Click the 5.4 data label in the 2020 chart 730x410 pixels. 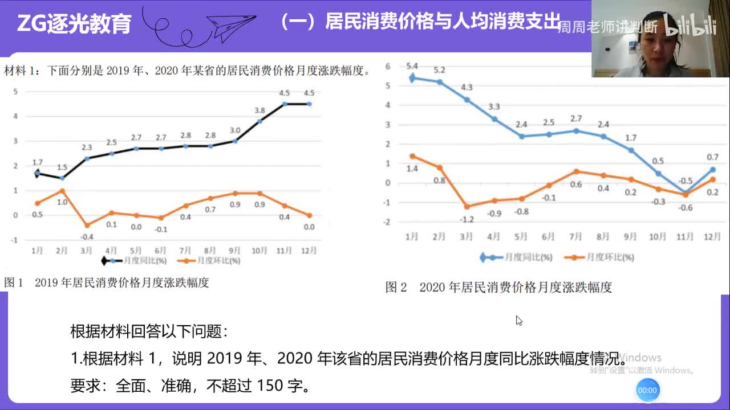pyautogui.click(x=411, y=66)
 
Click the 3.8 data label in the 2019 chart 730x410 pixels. pyautogui.click(x=259, y=110)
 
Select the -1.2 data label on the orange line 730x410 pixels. pyautogui.click(x=466, y=220)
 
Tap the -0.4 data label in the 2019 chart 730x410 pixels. pyautogui.click(x=87, y=237)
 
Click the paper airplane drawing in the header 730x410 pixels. pyautogui.click(x=231, y=26)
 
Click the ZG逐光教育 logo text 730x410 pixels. pyautogui.click(x=74, y=24)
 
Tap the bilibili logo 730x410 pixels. pyautogui.click(x=691, y=26)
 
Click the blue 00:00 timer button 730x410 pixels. pyautogui.click(x=647, y=390)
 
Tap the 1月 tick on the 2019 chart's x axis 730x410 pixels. pyautogui.click(x=37, y=250)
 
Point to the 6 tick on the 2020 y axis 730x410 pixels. pyautogui.click(x=388, y=66)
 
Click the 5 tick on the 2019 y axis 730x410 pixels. pyautogui.click(x=15, y=91)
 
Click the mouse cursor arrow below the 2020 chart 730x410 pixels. pyautogui.click(x=518, y=320)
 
